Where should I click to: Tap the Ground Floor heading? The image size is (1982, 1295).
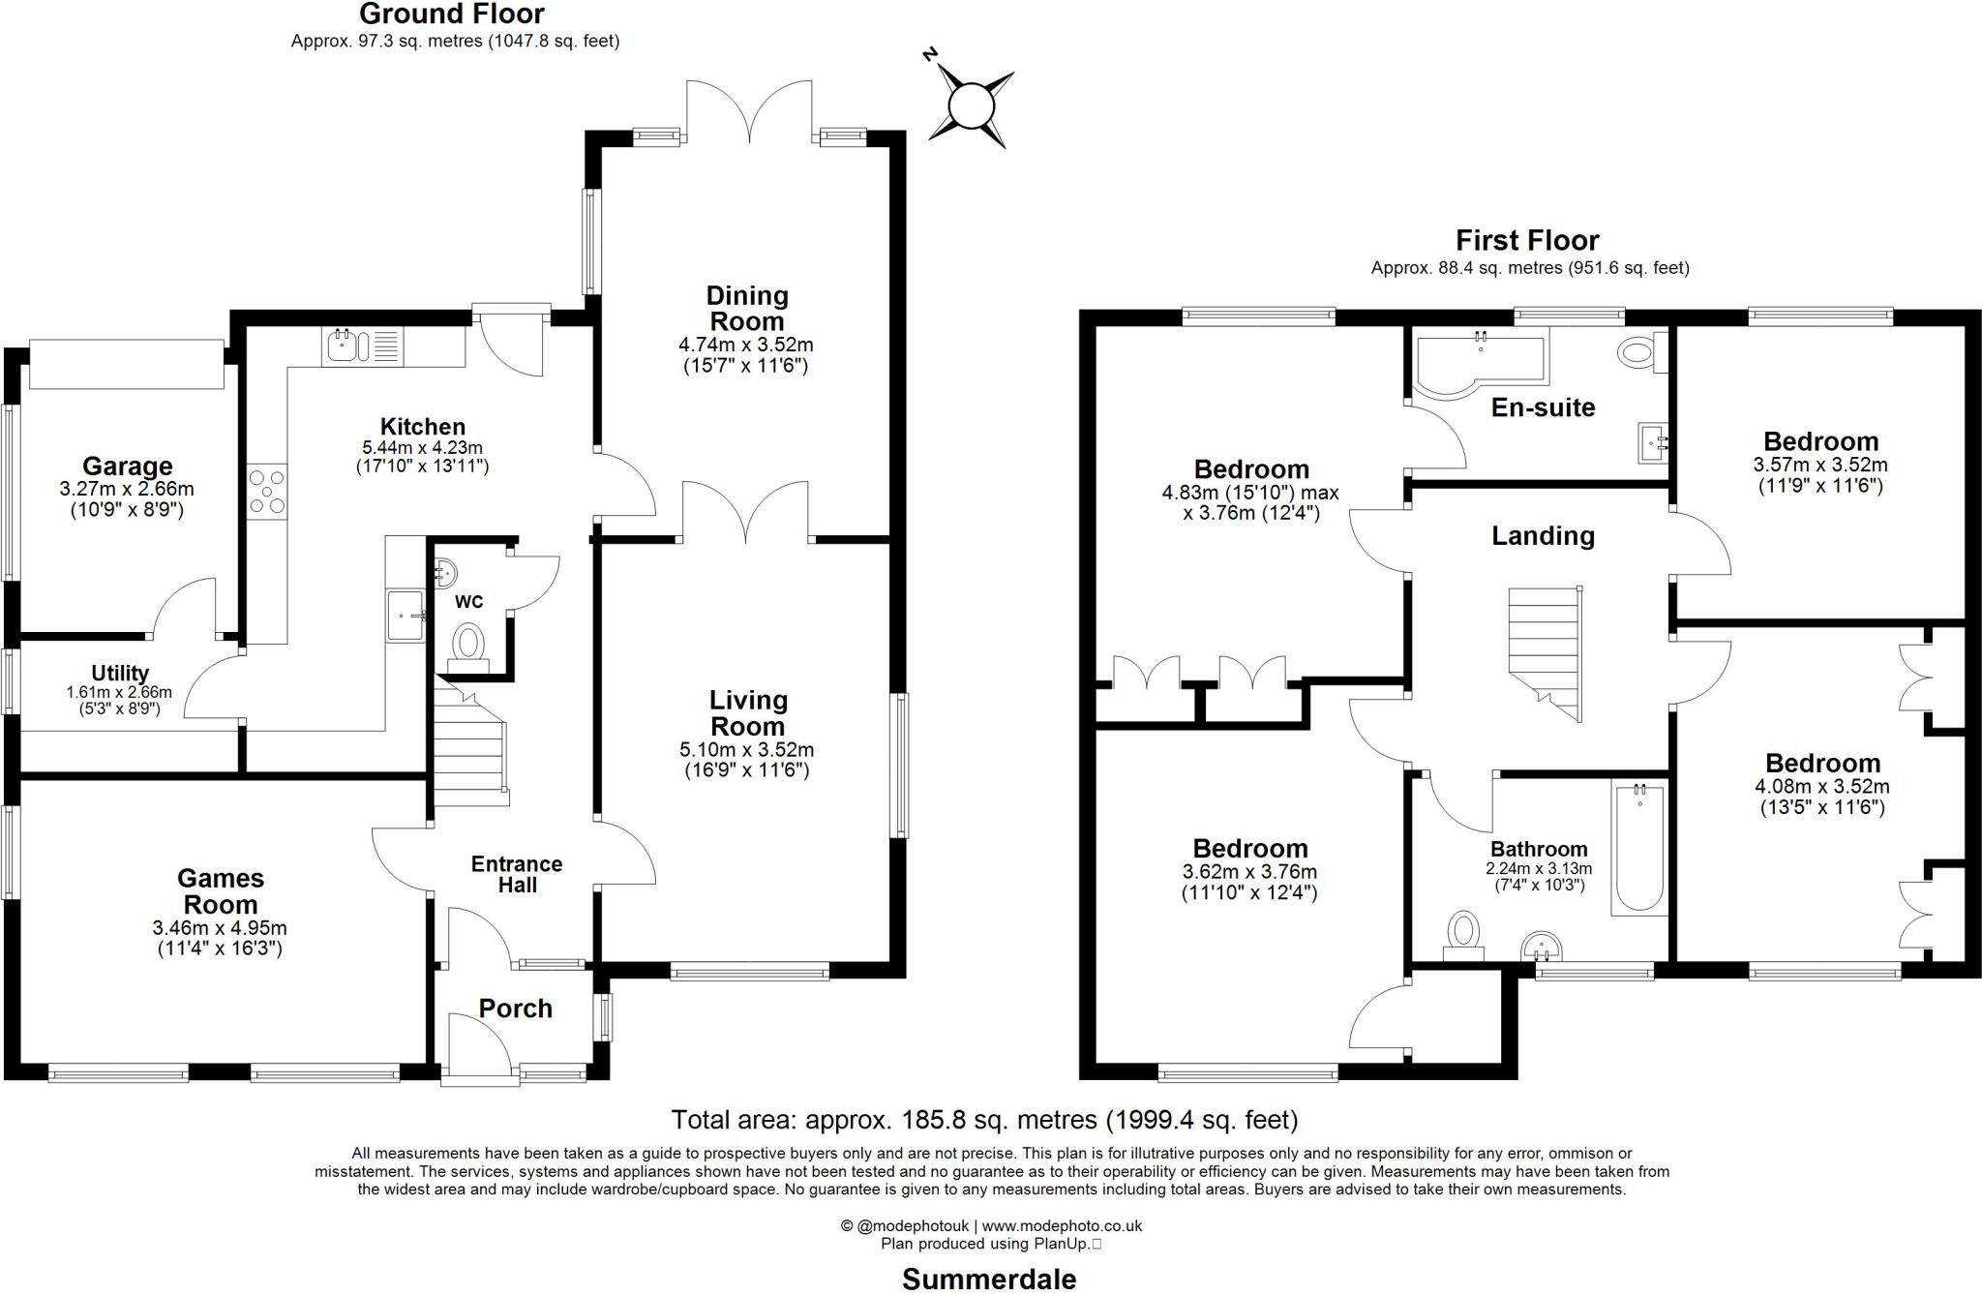click(451, 15)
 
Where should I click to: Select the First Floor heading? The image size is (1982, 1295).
click(1527, 240)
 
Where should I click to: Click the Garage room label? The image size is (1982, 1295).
click(127, 467)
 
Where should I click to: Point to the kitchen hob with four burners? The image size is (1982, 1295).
click(266, 492)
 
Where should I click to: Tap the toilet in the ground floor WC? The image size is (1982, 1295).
click(469, 643)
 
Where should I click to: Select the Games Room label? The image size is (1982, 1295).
click(221, 891)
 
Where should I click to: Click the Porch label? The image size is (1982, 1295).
click(515, 1009)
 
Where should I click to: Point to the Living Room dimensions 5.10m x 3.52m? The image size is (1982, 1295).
click(746, 749)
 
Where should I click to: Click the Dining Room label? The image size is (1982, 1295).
click(746, 308)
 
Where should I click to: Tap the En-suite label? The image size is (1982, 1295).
click(1543, 407)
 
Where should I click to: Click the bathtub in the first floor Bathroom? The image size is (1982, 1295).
click(1638, 850)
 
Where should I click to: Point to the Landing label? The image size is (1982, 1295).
click(1543, 536)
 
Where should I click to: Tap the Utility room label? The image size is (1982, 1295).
click(120, 673)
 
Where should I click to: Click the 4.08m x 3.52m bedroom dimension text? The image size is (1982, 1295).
click(1821, 787)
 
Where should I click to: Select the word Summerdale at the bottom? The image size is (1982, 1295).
click(989, 1279)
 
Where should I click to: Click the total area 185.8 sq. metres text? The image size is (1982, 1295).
click(984, 1120)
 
